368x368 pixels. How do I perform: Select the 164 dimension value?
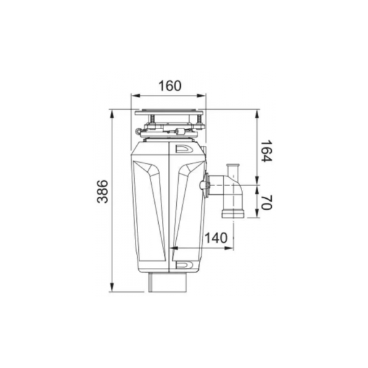267,151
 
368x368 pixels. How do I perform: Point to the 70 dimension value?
267,203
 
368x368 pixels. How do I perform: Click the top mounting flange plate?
169,113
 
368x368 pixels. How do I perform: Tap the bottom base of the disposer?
169,283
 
